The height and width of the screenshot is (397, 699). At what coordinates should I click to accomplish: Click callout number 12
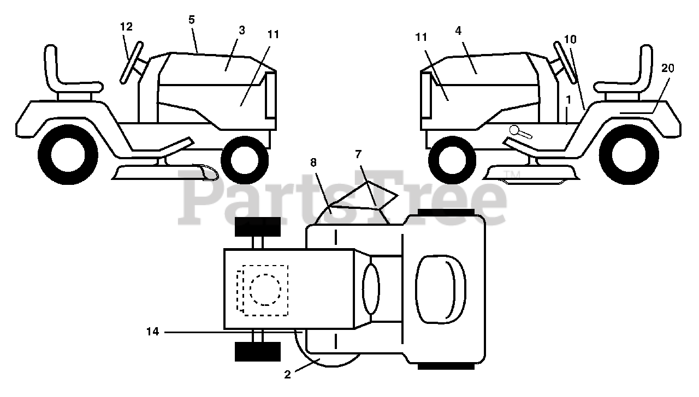tap(127, 27)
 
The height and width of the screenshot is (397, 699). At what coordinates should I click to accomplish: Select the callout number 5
tap(191, 19)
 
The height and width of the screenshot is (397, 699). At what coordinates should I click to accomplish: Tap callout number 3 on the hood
tap(241, 31)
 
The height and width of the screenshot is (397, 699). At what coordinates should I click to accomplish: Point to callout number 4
tap(458, 31)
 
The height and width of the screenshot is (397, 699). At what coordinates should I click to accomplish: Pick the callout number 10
tap(570, 39)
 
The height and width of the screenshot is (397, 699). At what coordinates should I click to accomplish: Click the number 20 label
tap(667, 68)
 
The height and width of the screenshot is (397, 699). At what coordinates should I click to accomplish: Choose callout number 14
tap(152, 331)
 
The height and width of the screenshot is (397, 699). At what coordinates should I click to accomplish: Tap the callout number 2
tap(288, 374)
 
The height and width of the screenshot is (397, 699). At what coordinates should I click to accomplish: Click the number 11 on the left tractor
tap(274, 34)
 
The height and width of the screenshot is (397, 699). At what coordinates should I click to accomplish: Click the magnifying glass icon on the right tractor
tap(516, 131)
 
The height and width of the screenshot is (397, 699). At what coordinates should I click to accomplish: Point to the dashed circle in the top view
tap(265, 289)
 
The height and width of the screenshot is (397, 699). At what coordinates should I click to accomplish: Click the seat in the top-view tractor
tap(441, 288)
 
